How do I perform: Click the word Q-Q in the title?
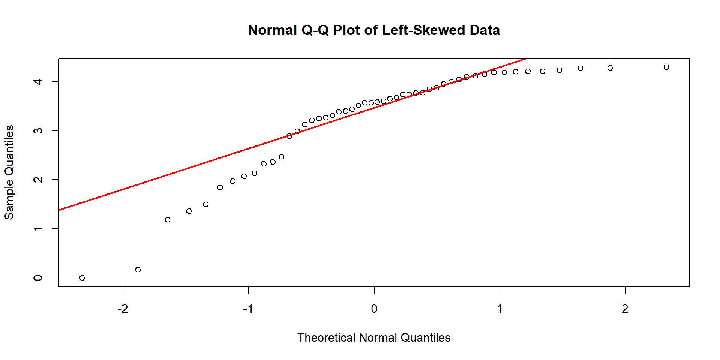click(x=315, y=30)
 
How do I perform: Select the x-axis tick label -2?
click(x=123, y=309)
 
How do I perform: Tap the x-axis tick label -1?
click(x=248, y=309)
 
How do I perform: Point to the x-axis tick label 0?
click(x=374, y=309)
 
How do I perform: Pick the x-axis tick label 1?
click(x=499, y=309)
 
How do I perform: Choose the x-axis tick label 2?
click(x=625, y=309)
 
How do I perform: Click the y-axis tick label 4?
click(x=38, y=82)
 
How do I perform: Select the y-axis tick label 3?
click(x=38, y=131)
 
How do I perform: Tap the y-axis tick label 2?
click(x=38, y=180)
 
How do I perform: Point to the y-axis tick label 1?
click(x=38, y=229)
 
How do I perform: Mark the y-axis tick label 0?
click(x=38, y=278)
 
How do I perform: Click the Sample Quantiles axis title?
click(x=9, y=172)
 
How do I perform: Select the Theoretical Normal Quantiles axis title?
click(x=374, y=337)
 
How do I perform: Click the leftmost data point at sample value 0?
click(x=82, y=278)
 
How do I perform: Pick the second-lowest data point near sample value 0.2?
click(x=138, y=270)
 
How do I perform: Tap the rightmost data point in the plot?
click(x=666, y=67)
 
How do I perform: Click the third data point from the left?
click(x=168, y=220)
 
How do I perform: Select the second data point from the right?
click(x=610, y=68)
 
